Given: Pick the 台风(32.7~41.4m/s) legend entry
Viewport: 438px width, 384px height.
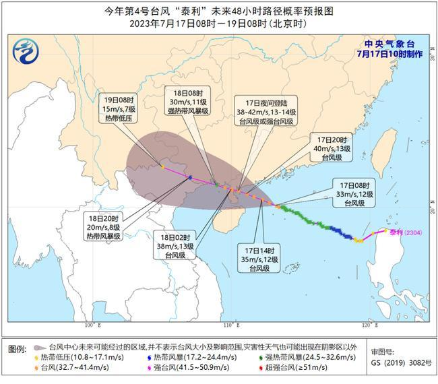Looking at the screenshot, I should [71, 367].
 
